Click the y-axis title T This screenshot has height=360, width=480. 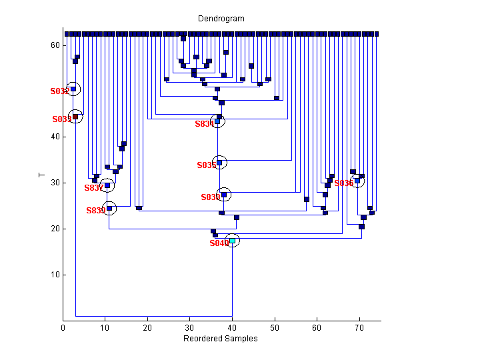[x=41, y=176]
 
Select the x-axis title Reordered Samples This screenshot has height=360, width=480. [x=220, y=339]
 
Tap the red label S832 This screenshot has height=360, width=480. [x=59, y=91]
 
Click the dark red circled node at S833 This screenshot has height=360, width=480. [x=75, y=117]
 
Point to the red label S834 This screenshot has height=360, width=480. [x=203, y=124]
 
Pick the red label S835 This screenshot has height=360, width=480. [x=206, y=165]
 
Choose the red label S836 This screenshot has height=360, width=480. [x=343, y=183]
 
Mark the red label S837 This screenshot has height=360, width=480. [x=93, y=188]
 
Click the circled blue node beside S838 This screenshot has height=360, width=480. [x=224, y=195]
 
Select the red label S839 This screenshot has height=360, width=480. [x=95, y=211]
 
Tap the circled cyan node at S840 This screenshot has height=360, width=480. [x=232, y=241]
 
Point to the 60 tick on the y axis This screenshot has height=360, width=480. [x=55, y=45]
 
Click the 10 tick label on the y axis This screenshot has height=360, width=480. [x=55, y=275]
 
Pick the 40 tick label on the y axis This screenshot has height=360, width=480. [x=55, y=137]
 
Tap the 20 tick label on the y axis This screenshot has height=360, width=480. [x=55, y=229]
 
